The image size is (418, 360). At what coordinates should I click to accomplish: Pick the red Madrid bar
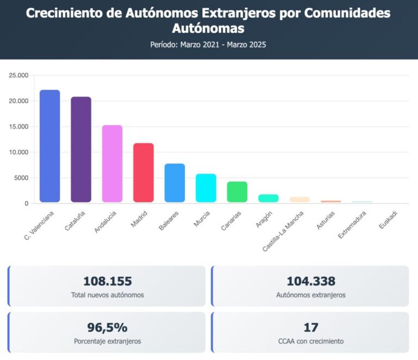(x=143, y=173)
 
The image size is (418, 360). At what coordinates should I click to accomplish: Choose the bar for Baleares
(x=175, y=183)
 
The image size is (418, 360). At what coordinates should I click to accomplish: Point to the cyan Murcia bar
(x=206, y=188)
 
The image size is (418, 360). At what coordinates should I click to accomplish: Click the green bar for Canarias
(x=237, y=192)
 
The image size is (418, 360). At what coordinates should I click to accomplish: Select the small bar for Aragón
(x=268, y=198)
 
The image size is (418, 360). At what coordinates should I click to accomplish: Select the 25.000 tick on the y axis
(x=19, y=76)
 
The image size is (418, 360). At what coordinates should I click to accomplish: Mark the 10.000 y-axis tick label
(x=19, y=152)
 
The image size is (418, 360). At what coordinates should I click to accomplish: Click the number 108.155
(x=107, y=282)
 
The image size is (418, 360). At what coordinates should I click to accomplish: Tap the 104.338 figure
(x=311, y=282)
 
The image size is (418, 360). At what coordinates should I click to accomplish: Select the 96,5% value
(x=107, y=327)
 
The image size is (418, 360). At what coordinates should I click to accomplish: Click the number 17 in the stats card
(x=311, y=327)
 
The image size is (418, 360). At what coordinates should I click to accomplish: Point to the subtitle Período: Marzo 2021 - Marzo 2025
(x=208, y=45)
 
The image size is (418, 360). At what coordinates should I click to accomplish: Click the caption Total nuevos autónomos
(x=107, y=296)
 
